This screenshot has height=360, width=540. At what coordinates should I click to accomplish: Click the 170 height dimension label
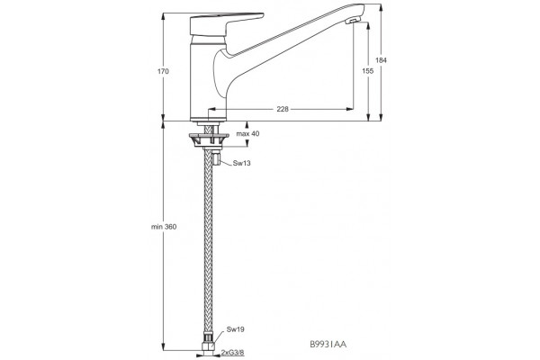click(163, 71)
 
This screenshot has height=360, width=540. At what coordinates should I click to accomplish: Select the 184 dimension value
click(381, 60)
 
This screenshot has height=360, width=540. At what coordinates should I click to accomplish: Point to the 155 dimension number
click(368, 71)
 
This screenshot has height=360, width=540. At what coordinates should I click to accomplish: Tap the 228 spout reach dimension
click(283, 109)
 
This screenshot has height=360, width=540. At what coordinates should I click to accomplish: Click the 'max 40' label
click(247, 134)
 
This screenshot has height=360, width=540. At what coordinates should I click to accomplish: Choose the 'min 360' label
click(164, 227)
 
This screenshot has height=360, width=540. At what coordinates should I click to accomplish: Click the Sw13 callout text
click(241, 163)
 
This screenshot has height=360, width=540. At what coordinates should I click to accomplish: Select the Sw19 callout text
click(235, 329)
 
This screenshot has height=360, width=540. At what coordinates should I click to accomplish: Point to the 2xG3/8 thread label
click(232, 353)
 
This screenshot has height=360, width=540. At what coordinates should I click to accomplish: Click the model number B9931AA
click(328, 344)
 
